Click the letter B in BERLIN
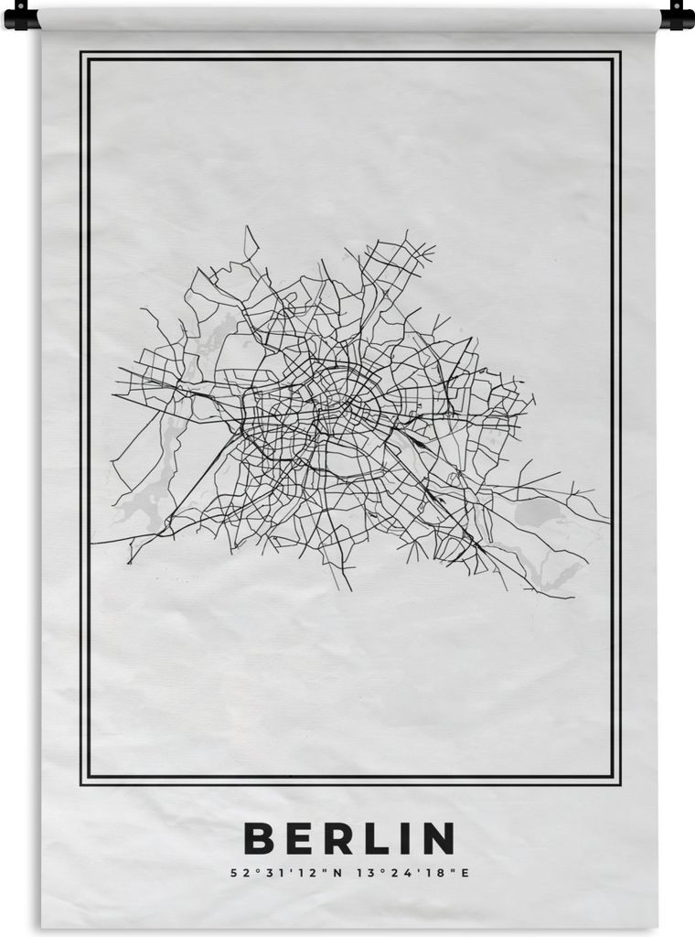pyautogui.click(x=258, y=838)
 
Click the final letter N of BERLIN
pyautogui.click(x=437, y=838)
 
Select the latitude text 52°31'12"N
pyautogui.click(x=285, y=873)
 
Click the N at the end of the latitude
pyautogui.click(x=337, y=873)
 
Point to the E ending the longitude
pyautogui.click(x=465, y=873)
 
